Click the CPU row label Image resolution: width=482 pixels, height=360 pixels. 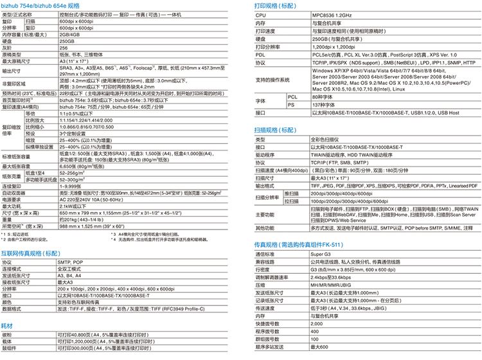pyautogui.click(x=261, y=14)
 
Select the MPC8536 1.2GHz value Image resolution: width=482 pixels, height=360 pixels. pyautogui.click(x=332, y=14)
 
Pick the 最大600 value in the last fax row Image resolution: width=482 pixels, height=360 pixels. pyautogui.click(x=319, y=347)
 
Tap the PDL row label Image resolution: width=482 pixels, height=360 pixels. pyautogui.click(x=260, y=55)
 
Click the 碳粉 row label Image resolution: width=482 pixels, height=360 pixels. pyautogui.click(x=8, y=336)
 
